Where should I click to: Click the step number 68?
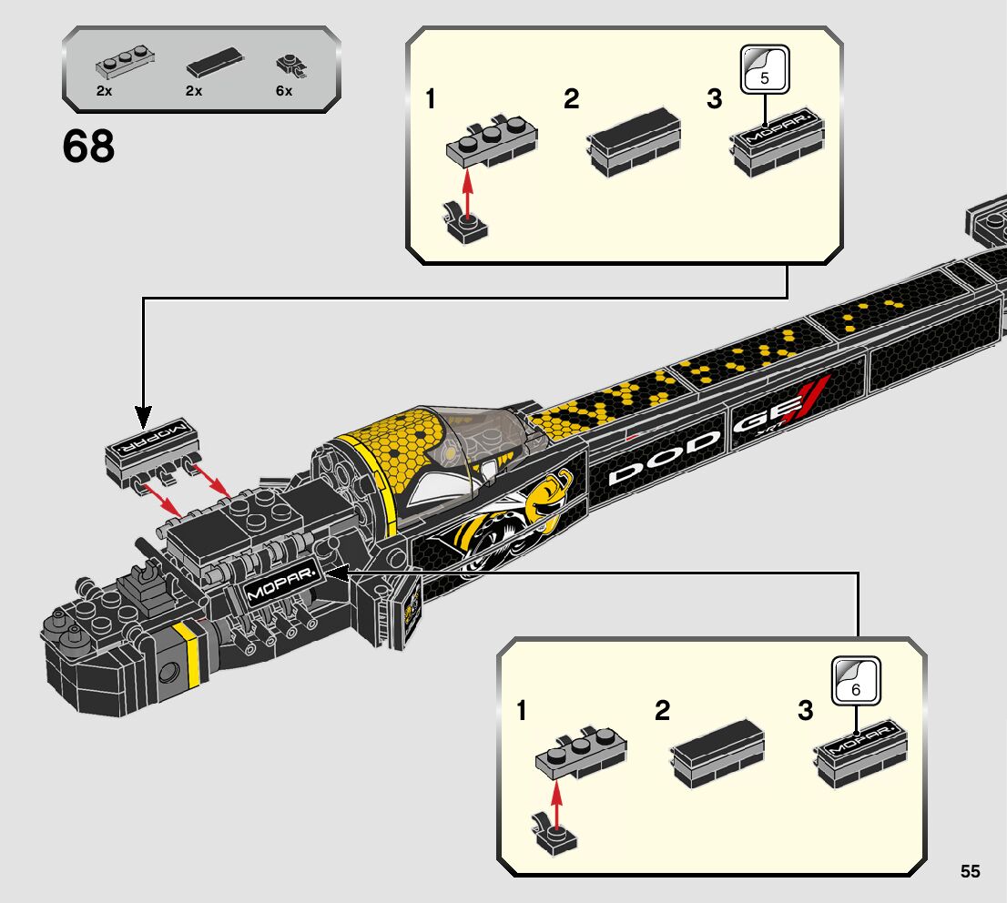tap(88, 147)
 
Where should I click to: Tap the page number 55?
tap(971, 871)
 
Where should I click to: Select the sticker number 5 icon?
tap(764, 69)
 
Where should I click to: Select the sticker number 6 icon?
tap(856, 681)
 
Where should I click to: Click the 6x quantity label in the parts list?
tap(284, 91)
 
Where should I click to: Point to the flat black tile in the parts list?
tap(215, 63)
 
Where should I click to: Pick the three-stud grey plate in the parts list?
tap(126, 62)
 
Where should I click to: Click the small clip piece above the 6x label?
tap(291, 66)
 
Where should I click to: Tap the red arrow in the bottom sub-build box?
tap(557, 803)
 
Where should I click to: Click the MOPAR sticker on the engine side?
tap(282, 581)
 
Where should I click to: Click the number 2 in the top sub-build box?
tap(571, 99)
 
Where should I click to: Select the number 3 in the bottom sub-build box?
tap(805, 711)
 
